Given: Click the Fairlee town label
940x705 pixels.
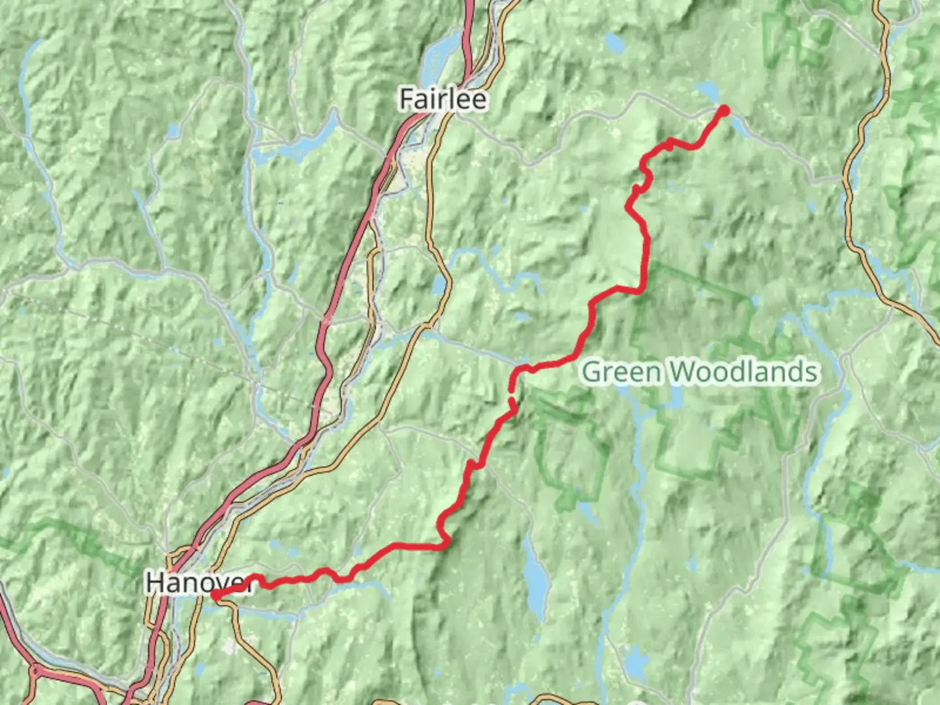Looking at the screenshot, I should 443,100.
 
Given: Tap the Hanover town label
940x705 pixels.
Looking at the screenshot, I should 196,582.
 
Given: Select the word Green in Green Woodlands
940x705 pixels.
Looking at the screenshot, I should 621,372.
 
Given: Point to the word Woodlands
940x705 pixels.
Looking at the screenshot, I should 744,372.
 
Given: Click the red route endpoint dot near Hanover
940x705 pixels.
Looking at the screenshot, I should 215,595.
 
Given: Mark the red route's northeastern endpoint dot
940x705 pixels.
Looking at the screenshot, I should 723,110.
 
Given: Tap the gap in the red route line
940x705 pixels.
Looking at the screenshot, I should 511,391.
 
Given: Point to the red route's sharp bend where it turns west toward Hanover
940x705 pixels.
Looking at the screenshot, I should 445,543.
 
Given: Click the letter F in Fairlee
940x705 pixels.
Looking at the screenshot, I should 407,100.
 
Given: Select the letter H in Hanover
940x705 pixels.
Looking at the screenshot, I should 155,582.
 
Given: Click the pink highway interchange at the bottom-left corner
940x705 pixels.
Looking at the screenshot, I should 36,672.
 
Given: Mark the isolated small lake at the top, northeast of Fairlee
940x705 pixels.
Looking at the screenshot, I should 614,43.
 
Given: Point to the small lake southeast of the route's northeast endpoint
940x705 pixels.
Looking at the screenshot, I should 741,127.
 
